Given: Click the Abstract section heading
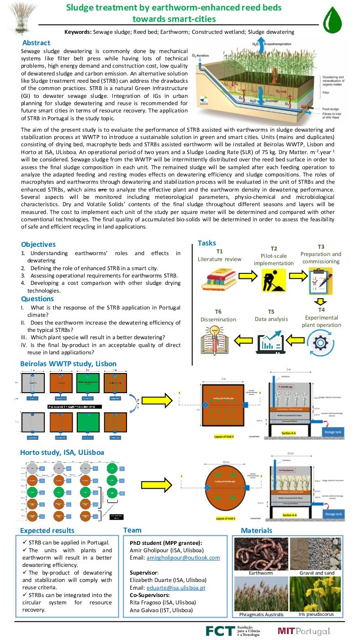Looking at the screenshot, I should [x=36, y=43].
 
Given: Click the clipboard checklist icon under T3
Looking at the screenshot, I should [x=319, y=280].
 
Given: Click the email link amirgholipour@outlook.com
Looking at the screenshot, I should [x=183, y=558].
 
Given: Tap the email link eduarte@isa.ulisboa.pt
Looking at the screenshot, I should [x=176, y=588].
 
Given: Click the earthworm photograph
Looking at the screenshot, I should [x=260, y=554].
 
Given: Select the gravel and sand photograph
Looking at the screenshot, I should [x=315, y=554].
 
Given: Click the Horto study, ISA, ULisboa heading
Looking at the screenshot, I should [x=62, y=452].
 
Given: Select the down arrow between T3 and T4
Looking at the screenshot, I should [x=321, y=301].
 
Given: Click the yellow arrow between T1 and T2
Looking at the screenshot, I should [x=245, y=277].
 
